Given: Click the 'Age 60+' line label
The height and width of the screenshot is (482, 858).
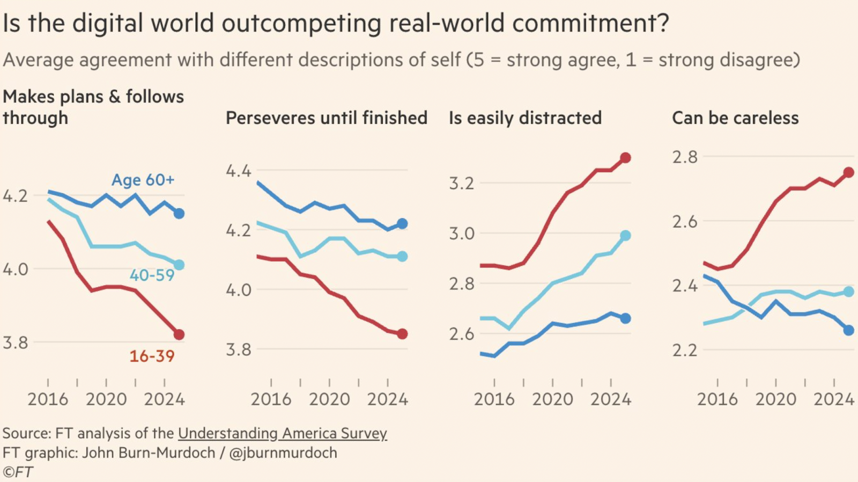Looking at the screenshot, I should (143, 180).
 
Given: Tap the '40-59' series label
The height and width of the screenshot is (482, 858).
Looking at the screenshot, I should (152, 275).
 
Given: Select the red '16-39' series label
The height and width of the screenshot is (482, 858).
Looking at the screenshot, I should (152, 356).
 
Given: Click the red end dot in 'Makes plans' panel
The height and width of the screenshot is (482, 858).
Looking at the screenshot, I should (179, 334).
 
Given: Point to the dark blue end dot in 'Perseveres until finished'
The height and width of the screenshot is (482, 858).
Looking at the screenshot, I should (402, 224).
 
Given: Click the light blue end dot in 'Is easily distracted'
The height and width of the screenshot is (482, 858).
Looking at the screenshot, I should (625, 236).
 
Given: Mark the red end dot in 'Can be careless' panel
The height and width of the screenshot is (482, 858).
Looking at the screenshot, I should (848, 172).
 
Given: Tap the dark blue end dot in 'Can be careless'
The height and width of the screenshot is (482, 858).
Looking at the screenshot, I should (848, 330).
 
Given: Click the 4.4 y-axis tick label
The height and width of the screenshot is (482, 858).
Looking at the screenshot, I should (238, 171).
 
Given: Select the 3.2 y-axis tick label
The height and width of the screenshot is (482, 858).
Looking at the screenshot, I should (462, 184).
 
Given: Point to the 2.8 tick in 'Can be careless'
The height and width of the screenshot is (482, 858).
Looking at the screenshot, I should (685, 157).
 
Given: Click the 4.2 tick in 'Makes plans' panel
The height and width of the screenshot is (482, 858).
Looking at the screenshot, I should (15, 196).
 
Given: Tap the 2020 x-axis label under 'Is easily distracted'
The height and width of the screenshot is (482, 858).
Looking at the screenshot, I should (552, 399).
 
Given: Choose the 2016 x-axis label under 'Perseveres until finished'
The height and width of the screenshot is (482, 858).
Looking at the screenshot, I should (271, 399).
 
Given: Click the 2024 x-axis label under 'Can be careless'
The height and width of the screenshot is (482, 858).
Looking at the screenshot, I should (833, 399).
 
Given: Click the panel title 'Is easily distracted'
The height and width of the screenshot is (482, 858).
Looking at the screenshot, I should (525, 118).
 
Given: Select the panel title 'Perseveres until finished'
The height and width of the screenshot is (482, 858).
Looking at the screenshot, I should (326, 118).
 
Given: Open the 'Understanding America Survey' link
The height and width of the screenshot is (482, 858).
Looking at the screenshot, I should (282, 433).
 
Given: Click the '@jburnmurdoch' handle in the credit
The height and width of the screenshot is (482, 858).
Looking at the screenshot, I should (283, 453).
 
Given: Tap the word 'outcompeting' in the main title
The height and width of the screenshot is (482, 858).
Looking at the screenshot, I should (302, 24).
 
